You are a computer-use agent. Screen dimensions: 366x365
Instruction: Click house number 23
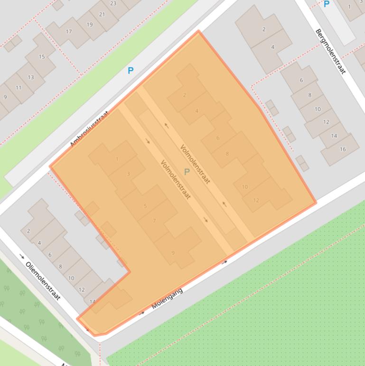click(113, 3)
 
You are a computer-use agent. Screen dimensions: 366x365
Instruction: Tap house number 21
click(102, 14)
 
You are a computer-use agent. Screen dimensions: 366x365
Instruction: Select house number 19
click(90, 24)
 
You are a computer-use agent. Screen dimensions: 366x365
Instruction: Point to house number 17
click(69, 32)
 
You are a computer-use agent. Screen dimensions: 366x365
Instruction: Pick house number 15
click(42, 57)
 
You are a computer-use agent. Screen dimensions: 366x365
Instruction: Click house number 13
click(31, 77)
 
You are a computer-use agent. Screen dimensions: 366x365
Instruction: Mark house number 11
click(19, 87)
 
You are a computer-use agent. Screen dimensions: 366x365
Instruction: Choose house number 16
click(343, 149)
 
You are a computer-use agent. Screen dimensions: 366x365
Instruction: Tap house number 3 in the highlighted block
click(128, 174)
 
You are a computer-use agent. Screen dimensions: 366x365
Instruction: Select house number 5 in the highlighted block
click(145, 206)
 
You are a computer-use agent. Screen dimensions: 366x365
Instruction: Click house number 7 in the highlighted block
click(154, 221)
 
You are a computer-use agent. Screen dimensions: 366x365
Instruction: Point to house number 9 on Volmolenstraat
click(173, 253)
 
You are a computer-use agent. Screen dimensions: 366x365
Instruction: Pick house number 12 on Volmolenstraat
click(256, 200)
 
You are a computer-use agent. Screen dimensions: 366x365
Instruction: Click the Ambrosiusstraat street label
click(89, 129)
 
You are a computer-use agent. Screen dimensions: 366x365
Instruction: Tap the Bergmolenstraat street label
click(330, 51)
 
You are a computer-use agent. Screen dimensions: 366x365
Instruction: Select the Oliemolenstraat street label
click(43, 280)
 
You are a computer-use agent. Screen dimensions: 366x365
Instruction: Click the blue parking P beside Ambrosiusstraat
click(131, 70)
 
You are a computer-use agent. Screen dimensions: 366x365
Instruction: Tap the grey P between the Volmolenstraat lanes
click(187, 172)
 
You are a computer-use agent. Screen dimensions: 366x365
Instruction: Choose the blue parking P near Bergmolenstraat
click(326, 4)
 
